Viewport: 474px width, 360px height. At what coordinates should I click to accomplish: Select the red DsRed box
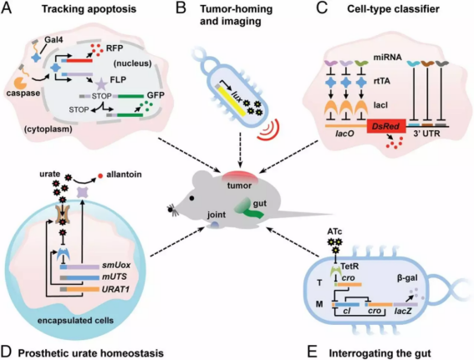pyautogui.click(x=386, y=126)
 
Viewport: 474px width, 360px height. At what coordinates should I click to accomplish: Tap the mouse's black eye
pyautogui.click(x=191, y=199)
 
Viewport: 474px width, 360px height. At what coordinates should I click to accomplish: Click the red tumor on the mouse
pyautogui.click(x=240, y=177)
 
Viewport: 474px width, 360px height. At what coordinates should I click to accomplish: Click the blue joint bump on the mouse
pyautogui.click(x=214, y=225)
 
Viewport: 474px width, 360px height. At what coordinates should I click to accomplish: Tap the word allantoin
pyautogui.click(x=124, y=175)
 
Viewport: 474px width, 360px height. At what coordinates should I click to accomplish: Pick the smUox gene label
pyautogui.click(x=116, y=266)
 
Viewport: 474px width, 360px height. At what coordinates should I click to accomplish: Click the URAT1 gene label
pyautogui.click(x=115, y=289)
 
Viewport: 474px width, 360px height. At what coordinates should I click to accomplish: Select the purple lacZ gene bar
pyautogui.click(x=405, y=304)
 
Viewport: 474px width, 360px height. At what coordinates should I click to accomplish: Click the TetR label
pyautogui.click(x=349, y=266)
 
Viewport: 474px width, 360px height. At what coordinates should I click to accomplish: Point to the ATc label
pyautogui.click(x=334, y=231)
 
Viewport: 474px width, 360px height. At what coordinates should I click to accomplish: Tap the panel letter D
pyautogui.click(x=7, y=352)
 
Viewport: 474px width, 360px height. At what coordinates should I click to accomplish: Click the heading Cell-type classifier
pyautogui.click(x=393, y=9)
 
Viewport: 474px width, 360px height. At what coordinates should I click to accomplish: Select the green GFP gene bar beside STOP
pyautogui.click(x=130, y=96)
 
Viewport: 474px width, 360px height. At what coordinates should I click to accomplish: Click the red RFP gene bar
pyautogui.click(x=79, y=61)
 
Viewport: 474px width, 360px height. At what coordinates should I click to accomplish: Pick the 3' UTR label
pyautogui.click(x=426, y=133)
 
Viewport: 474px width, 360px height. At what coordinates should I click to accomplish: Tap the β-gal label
pyautogui.click(x=407, y=278)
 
